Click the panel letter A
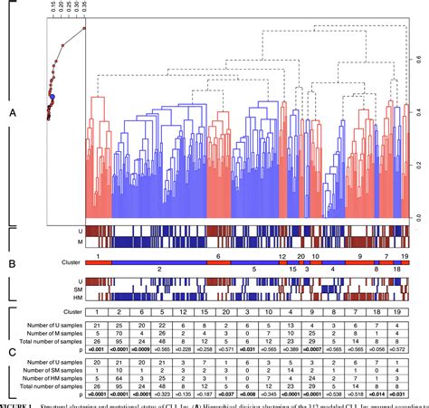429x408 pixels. [x=11, y=114]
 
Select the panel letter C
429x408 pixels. [x=11, y=356]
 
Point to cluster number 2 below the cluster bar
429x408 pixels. [x=159, y=270]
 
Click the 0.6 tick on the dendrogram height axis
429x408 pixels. [x=418, y=60]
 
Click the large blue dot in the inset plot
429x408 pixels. [x=52, y=95]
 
